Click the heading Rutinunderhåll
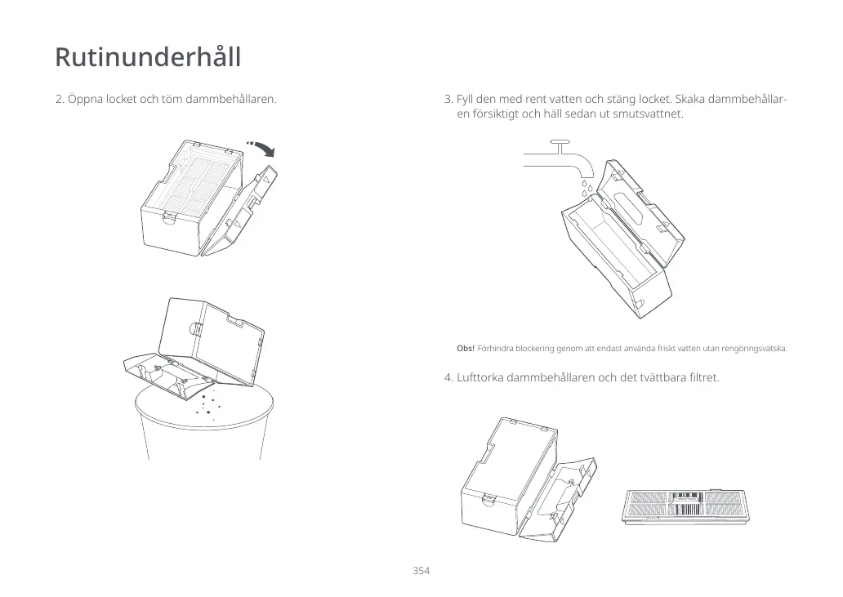point(148,58)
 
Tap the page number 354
point(421,570)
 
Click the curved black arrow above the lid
point(263,147)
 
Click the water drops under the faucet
point(586,189)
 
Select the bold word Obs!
point(466,350)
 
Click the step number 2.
point(59,100)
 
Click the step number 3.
point(448,100)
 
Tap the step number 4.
point(448,377)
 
